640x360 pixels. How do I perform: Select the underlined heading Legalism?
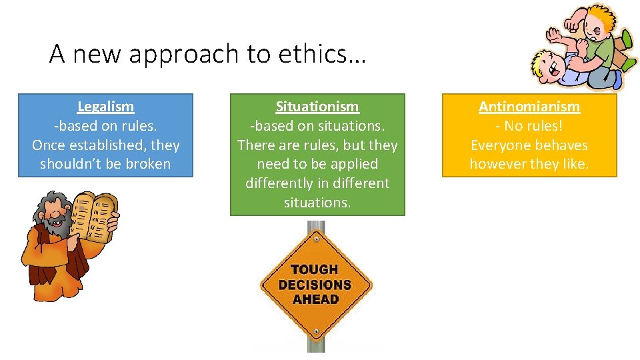click(105, 106)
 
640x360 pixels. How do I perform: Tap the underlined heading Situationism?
click(317, 106)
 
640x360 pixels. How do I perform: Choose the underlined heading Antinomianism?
click(529, 106)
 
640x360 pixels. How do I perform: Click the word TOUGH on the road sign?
click(315, 269)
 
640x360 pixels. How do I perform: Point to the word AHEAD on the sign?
click(315, 299)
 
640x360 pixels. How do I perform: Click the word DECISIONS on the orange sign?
click(315, 285)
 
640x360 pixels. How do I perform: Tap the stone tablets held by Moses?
click(94, 215)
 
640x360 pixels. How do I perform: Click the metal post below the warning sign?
click(316, 337)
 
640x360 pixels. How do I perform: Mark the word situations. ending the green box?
click(317, 203)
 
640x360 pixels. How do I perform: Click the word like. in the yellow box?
click(575, 164)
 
